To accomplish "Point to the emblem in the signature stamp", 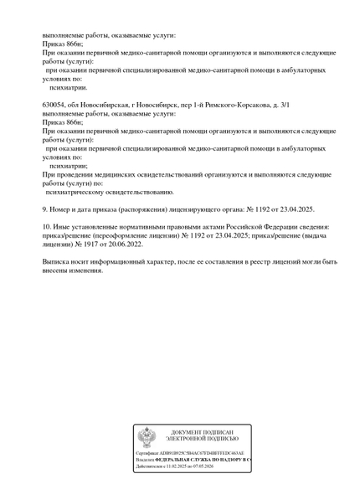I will (x=147, y=438).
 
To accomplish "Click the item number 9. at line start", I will (x=45, y=209).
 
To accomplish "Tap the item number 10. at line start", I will (x=47, y=226).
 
